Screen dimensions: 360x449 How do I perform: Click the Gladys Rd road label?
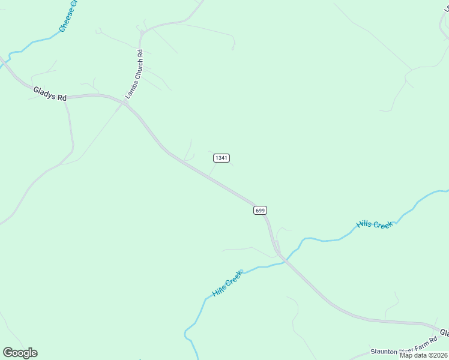point(50,93)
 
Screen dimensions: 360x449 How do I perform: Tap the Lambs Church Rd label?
point(134,74)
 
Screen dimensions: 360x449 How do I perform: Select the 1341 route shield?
point(221,158)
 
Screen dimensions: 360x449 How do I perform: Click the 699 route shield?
point(259,210)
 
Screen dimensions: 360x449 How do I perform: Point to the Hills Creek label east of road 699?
point(374,224)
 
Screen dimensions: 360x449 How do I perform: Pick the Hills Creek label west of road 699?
point(227,284)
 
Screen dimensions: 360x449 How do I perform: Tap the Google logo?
point(20,353)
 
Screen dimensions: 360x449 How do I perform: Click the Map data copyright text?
point(424,355)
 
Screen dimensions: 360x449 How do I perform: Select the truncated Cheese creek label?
point(68,16)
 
